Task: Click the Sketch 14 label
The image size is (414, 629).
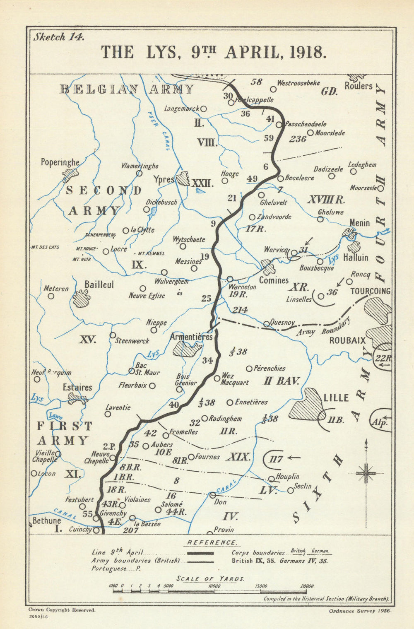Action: [59, 37]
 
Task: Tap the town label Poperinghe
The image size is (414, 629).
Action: [60, 162]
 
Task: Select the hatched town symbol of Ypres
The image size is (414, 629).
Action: [183, 178]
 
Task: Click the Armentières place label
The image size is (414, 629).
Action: [191, 337]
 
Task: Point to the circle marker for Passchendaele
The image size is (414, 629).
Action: [279, 124]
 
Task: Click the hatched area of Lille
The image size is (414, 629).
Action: [307, 405]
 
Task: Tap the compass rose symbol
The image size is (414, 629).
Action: [366, 472]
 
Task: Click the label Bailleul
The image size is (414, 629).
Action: [99, 285]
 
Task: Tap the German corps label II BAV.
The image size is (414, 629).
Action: [282, 381]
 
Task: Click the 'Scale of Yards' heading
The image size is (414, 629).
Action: [210, 578]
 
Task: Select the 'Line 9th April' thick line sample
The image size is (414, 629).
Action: [200, 553]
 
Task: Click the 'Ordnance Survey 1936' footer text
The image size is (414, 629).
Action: [360, 610]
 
